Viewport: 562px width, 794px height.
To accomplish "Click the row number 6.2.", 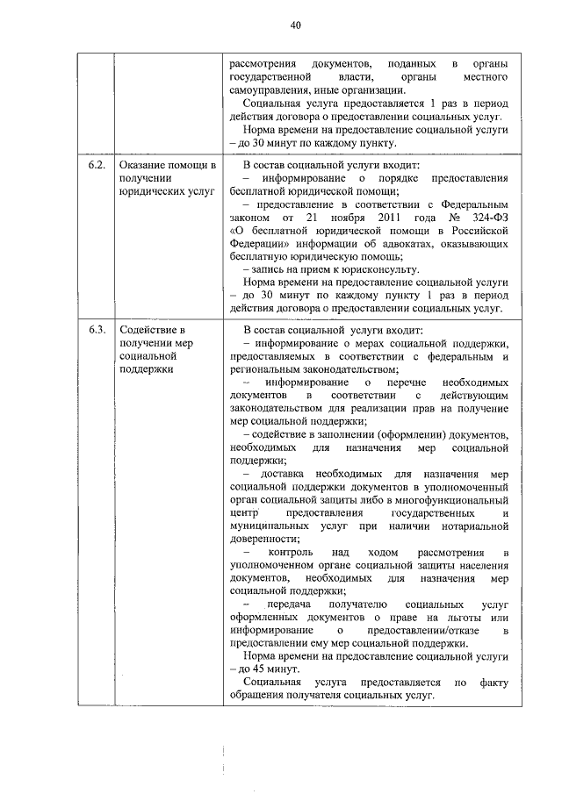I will point(97,165).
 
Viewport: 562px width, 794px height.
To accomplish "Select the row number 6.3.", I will point(97,331).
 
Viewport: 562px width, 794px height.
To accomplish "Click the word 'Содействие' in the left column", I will point(147,331).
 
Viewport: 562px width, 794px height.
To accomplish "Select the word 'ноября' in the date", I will point(328,216).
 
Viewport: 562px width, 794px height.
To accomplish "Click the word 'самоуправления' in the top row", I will point(268,90).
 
